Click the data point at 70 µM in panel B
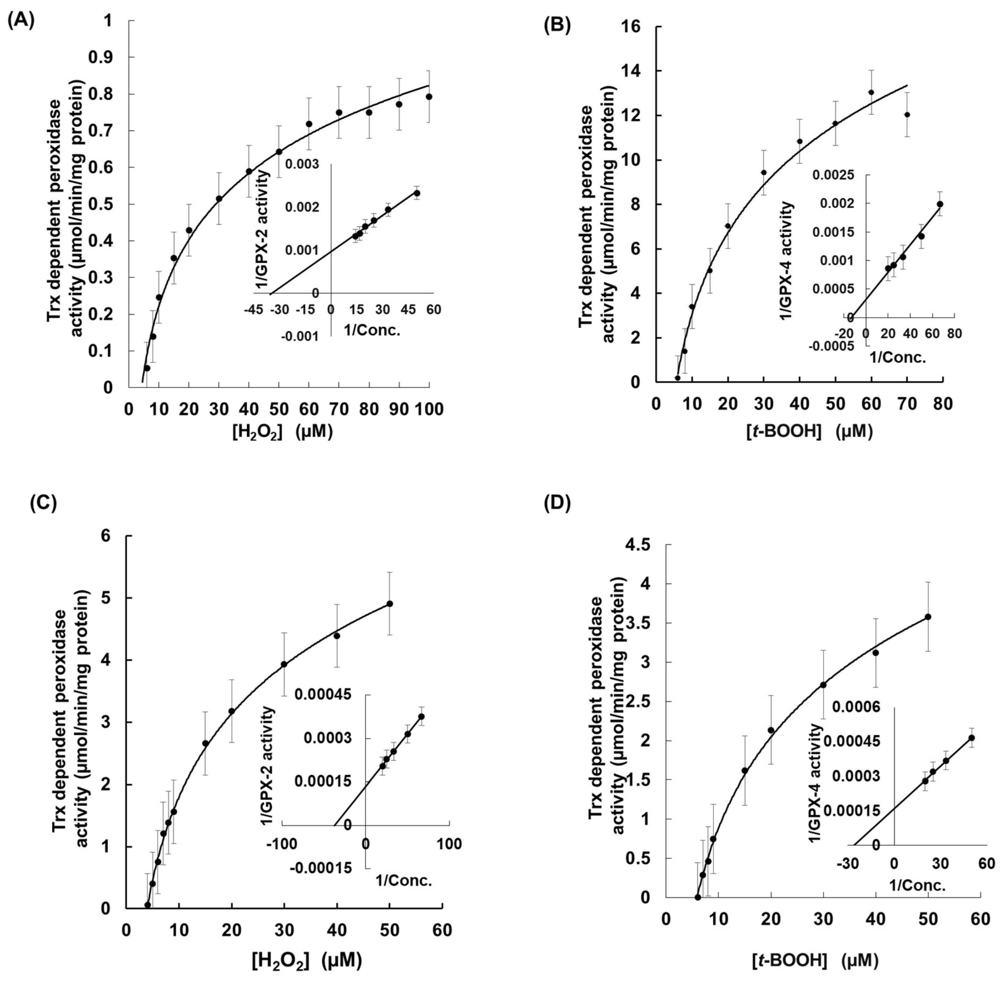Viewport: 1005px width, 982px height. pos(907,114)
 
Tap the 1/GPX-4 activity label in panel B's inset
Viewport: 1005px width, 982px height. pos(786,260)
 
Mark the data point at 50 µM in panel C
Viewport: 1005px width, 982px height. pos(390,603)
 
